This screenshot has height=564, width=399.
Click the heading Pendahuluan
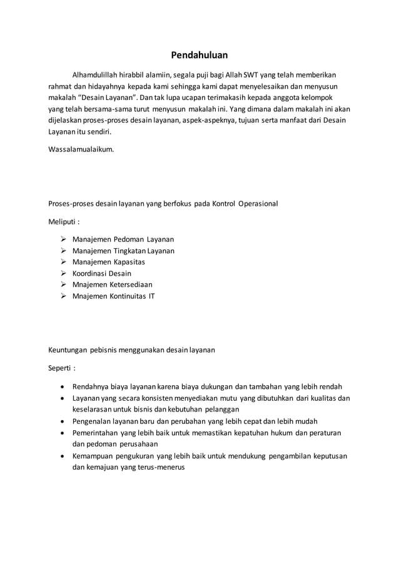tap(199, 55)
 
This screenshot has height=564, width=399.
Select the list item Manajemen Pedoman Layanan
tap(123, 239)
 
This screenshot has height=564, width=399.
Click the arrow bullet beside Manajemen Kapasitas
tap(64, 262)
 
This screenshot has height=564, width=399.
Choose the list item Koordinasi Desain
tap(102, 273)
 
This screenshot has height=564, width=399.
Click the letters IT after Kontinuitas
tap(151, 296)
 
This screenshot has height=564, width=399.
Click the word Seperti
tap(61, 368)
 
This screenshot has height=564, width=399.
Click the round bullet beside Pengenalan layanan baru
tap(64, 421)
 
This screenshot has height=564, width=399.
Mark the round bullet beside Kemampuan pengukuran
tap(64, 456)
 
